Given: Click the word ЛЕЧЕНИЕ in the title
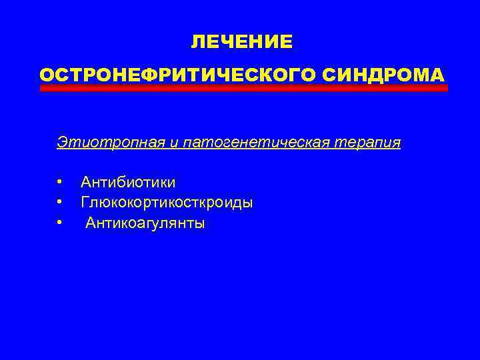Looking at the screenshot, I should click(241, 42).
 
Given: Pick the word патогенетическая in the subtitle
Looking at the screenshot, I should click(227, 143).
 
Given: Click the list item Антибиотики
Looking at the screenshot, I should click(128, 182).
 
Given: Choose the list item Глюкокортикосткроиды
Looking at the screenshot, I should click(167, 202).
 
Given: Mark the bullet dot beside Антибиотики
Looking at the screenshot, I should click(59, 181).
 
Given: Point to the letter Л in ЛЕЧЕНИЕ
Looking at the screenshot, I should click(198, 42).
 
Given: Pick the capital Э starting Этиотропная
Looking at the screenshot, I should click(62, 143).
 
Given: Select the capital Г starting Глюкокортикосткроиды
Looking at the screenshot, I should click(85, 202).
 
